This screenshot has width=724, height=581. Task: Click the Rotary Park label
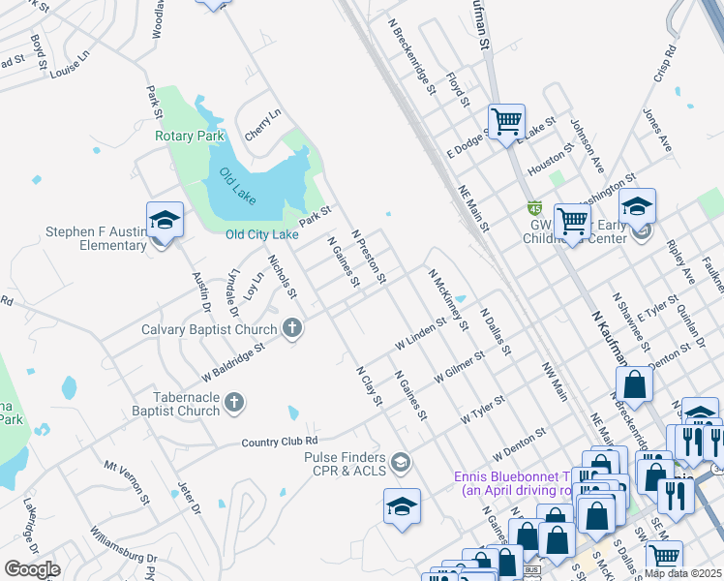pyautogui.click(x=190, y=136)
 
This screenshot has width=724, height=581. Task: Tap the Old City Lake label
pyautogui.click(x=262, y=234)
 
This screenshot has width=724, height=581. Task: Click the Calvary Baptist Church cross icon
pyautogui.click(x=292, y=329)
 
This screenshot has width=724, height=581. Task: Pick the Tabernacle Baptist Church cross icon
pyautogui.click(x=233, y=402)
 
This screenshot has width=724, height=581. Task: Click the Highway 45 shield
pyautogui.click(x=534, y=208)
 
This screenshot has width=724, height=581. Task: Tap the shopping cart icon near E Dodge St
pyautogui.click(x=505, y=121)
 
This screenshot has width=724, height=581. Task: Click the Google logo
pyautogui.click(x=32, y=569)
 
